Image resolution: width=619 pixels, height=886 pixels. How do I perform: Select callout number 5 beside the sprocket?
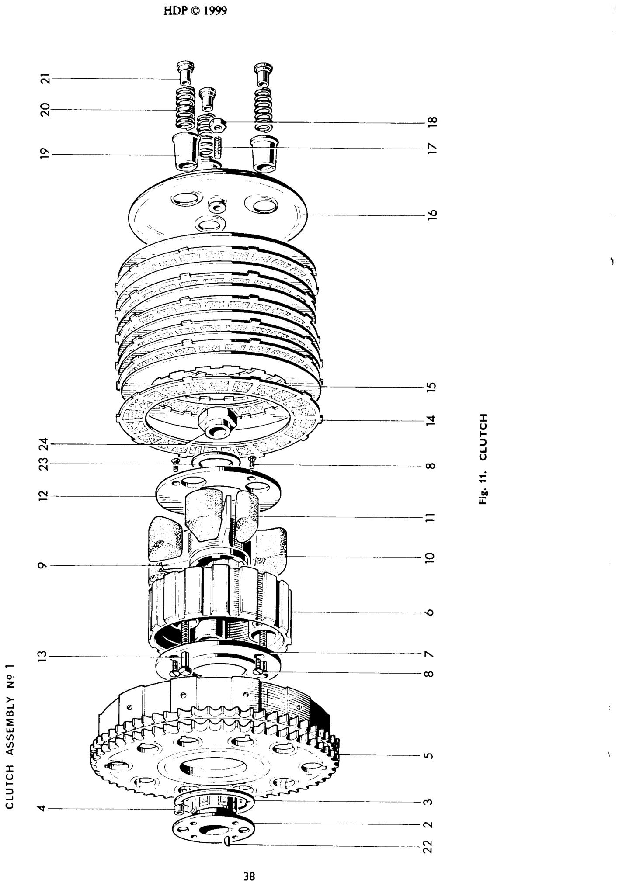coord(431,755)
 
